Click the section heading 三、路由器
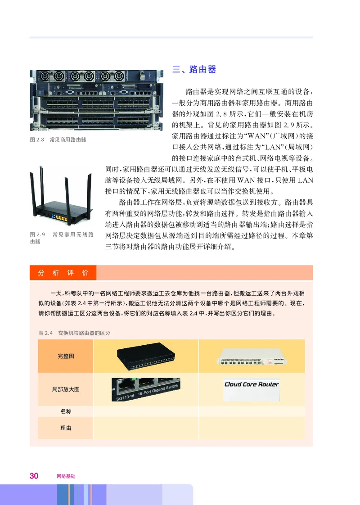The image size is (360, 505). click(194, 69)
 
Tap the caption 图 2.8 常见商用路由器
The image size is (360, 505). click(58, 140)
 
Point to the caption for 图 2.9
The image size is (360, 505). click(61, 238)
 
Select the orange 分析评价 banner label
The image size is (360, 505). click(63, 273)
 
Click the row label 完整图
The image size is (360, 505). click(66, 356)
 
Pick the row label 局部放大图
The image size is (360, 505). click(66, 389)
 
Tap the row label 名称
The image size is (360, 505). click(66, 411)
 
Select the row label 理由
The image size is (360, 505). click(66, 428)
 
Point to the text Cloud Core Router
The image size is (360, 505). click(252, 384)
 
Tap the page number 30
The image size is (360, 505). click(34, 476)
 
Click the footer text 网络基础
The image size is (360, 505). click(66, 476)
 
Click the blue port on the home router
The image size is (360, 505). click(54, 216)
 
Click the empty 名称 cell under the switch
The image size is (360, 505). click(145, 411)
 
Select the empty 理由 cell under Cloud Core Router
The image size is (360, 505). click(252, 428)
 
